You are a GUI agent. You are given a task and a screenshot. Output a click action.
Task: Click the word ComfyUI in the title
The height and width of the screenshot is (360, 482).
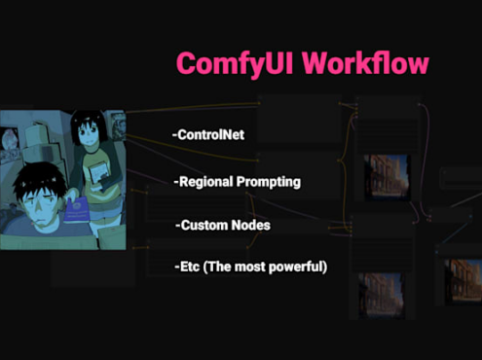click(235, 64)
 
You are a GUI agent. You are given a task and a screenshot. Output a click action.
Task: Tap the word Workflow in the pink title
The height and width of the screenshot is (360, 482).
click(366, 62)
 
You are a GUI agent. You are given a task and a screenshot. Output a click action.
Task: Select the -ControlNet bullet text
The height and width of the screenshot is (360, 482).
click(208, 135)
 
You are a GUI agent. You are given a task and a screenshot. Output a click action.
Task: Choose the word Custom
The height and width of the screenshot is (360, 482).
click(205, 225)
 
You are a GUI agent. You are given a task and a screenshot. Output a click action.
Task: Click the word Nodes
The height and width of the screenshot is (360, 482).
click(254, 225)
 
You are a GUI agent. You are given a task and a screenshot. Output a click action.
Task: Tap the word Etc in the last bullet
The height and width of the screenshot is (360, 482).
click(187, 267)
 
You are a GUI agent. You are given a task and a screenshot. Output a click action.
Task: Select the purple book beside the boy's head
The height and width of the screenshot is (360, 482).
click(77, 210)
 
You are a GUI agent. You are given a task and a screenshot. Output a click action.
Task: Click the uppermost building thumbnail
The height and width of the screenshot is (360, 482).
click(387, 177)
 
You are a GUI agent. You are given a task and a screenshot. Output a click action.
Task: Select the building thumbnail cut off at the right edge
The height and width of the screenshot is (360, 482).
click(463, 281)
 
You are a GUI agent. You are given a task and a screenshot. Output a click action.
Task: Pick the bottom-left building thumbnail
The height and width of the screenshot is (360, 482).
click(382, 296)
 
